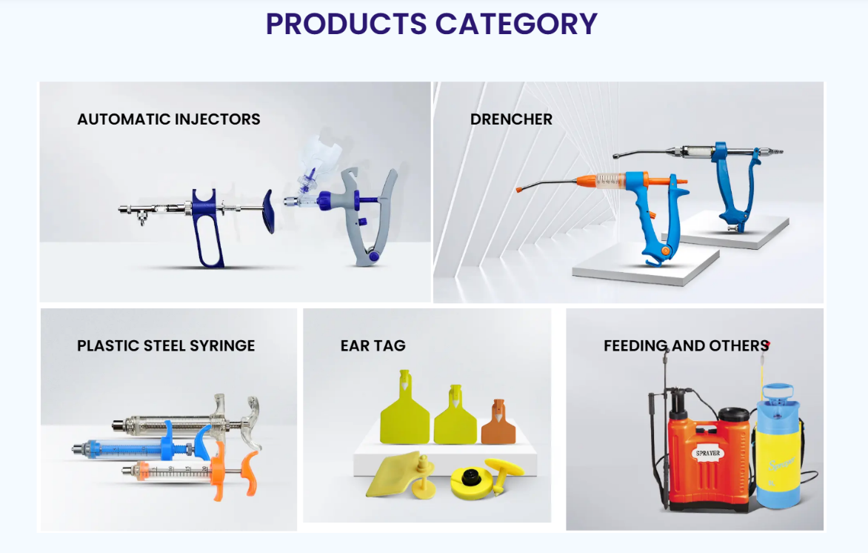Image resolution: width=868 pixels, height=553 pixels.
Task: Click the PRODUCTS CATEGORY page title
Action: click(432, 24)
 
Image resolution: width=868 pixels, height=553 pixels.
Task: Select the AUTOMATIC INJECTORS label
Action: click(169, 119)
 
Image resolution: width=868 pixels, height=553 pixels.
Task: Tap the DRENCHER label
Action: click(511, 119)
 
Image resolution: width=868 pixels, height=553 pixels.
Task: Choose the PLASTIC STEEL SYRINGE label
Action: click(166, 345)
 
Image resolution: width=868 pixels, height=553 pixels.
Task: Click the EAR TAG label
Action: click(373, 345)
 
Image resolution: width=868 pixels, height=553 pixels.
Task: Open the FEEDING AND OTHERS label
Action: click(686, 345)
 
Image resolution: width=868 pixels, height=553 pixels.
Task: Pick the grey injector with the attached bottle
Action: click(363, 215)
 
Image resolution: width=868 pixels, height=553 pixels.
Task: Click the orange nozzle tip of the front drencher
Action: click(524, 188)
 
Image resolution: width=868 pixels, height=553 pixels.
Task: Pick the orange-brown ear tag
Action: click(498, 424)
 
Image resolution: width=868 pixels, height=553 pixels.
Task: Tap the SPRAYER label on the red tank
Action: click(708, 453)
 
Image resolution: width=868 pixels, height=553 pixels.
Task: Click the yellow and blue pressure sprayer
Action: click(777, 441)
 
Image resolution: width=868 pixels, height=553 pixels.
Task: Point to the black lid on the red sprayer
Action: click(733, 413)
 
